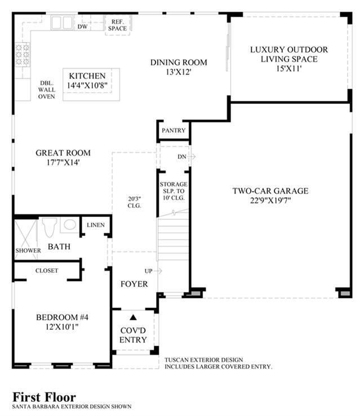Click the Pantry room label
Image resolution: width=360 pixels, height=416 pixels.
(174, 130)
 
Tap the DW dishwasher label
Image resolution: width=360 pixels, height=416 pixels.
(82, 26)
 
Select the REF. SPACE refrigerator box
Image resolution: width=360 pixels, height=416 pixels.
(117, 25)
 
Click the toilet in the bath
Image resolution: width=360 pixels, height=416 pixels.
(50, 227)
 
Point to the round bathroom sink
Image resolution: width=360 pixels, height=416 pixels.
(70, 224)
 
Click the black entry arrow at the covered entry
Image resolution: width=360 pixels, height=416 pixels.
(133, 317)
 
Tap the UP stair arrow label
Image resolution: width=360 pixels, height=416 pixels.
(153, 271)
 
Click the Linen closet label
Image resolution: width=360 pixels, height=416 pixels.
(96, 225)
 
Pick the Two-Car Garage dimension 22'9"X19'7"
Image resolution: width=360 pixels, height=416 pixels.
(270, 200)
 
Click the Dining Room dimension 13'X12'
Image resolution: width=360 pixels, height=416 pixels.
(179, 72)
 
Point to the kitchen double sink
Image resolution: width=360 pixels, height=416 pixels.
(62, 23)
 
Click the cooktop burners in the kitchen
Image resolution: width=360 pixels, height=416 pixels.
(23, 55)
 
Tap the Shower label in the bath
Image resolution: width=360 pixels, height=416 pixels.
(28, 250)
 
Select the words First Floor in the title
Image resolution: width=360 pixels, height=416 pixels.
(45, 397)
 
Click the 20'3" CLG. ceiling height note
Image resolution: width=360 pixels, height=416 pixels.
(135, 202)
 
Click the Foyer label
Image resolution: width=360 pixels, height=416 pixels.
(134, 284)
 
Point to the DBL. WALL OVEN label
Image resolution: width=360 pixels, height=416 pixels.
(47, 90)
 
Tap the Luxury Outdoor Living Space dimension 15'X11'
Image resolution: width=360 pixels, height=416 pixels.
(289, 68)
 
